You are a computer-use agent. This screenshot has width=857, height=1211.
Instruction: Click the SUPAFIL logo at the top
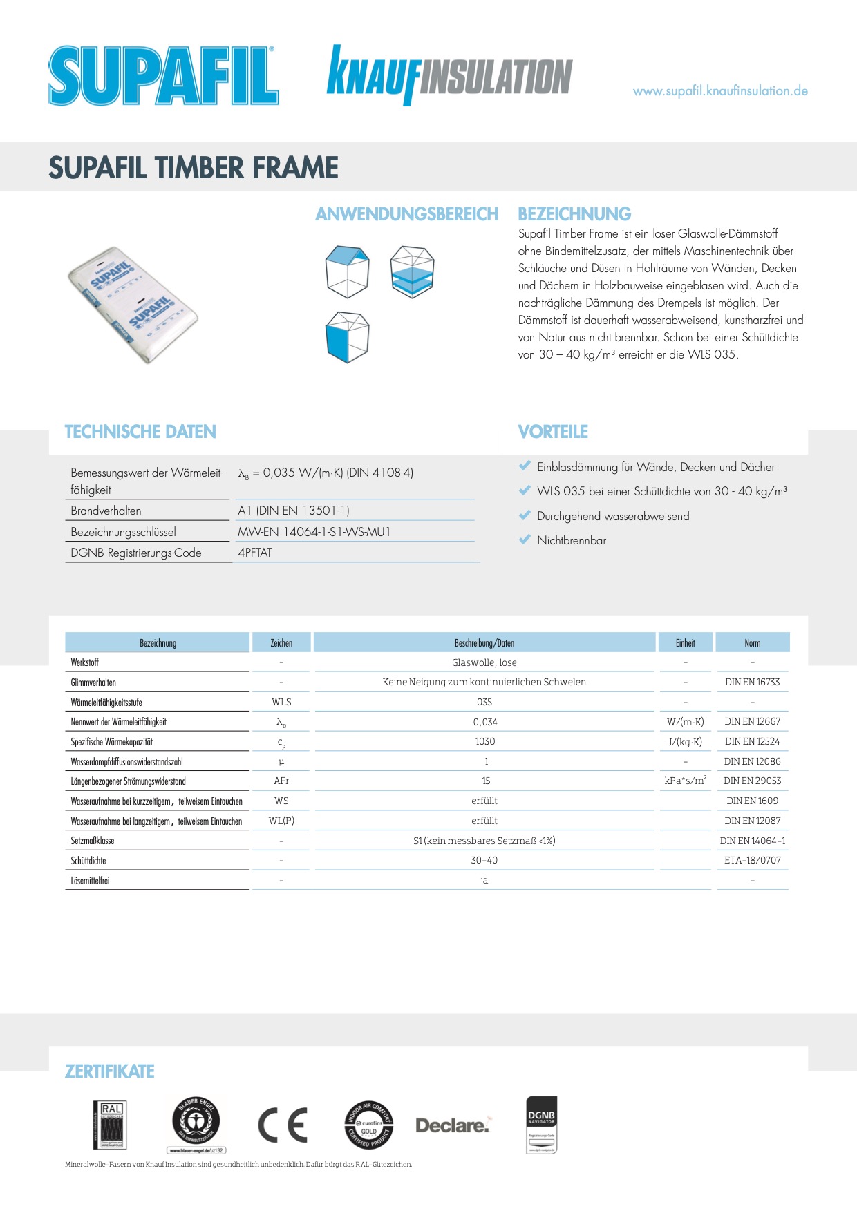(163, 76)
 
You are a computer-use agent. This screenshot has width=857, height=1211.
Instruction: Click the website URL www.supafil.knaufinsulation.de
(720, 91)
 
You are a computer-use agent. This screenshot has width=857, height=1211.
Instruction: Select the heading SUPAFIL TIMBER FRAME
(194, 168)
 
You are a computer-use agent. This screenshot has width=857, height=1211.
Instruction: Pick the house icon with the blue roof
(347, 271)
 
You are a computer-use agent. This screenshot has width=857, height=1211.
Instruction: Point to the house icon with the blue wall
(347, 336)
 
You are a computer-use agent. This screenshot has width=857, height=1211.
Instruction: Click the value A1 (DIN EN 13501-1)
(294, 511)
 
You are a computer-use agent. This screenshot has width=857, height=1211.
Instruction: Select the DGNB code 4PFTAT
(255, 553)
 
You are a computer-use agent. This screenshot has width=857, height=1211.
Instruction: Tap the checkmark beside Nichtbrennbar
(525, 540)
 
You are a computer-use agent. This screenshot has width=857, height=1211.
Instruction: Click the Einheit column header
(685, 643)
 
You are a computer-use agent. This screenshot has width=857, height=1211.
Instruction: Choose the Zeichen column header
(281, 643)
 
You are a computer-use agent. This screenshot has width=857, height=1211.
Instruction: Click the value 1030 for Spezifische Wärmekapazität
(484, 741)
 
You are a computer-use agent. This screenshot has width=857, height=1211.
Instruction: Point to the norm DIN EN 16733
(752, 682)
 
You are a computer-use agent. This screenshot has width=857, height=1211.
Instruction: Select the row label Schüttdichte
(88, 861)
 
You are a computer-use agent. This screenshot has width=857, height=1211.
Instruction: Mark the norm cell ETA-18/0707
(752, 860)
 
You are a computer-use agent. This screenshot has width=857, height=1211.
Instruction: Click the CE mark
(283, 1125)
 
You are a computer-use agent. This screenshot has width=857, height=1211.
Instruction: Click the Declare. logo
(453, 1125)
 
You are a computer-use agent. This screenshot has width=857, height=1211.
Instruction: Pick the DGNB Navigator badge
(541, 1124)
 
